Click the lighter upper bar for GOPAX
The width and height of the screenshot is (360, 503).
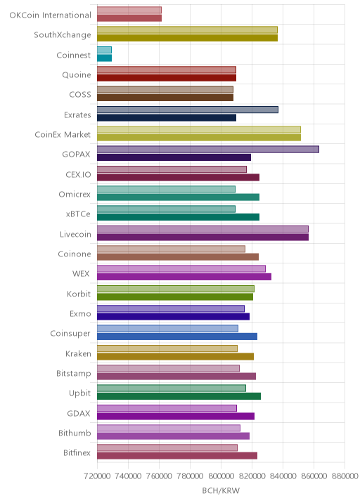tap(208, 150)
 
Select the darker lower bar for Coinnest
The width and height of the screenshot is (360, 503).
tap(104, 58)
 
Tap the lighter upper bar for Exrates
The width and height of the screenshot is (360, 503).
tap(188, 110)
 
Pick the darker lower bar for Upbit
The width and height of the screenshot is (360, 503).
tap(179, 396)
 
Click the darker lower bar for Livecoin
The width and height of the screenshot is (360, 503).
tap(203, 237)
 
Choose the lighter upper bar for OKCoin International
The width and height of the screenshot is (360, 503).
tap(129, 11)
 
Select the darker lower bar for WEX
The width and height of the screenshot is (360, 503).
tap(184, 277)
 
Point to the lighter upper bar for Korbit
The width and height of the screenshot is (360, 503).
tap(176, 289)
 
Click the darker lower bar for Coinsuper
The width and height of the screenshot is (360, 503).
tap(177, 337)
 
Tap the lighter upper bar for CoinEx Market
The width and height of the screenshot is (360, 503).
tap(199, 129)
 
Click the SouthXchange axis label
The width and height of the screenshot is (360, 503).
tap(63, 34)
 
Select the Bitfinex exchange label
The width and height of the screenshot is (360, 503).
tap(77, 452)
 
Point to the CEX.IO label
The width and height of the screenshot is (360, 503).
tap(78, 174)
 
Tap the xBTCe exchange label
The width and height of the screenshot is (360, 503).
tap(78, 214)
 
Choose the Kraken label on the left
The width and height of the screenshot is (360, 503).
tap(78, 353)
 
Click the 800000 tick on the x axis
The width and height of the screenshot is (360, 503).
tap(221, 476)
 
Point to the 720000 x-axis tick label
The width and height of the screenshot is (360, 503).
tap(97, 476)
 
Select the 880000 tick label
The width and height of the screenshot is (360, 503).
tap(345, 476)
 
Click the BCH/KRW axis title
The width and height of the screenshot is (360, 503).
tap(221, 490)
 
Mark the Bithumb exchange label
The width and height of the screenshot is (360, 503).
tap(75, 433)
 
